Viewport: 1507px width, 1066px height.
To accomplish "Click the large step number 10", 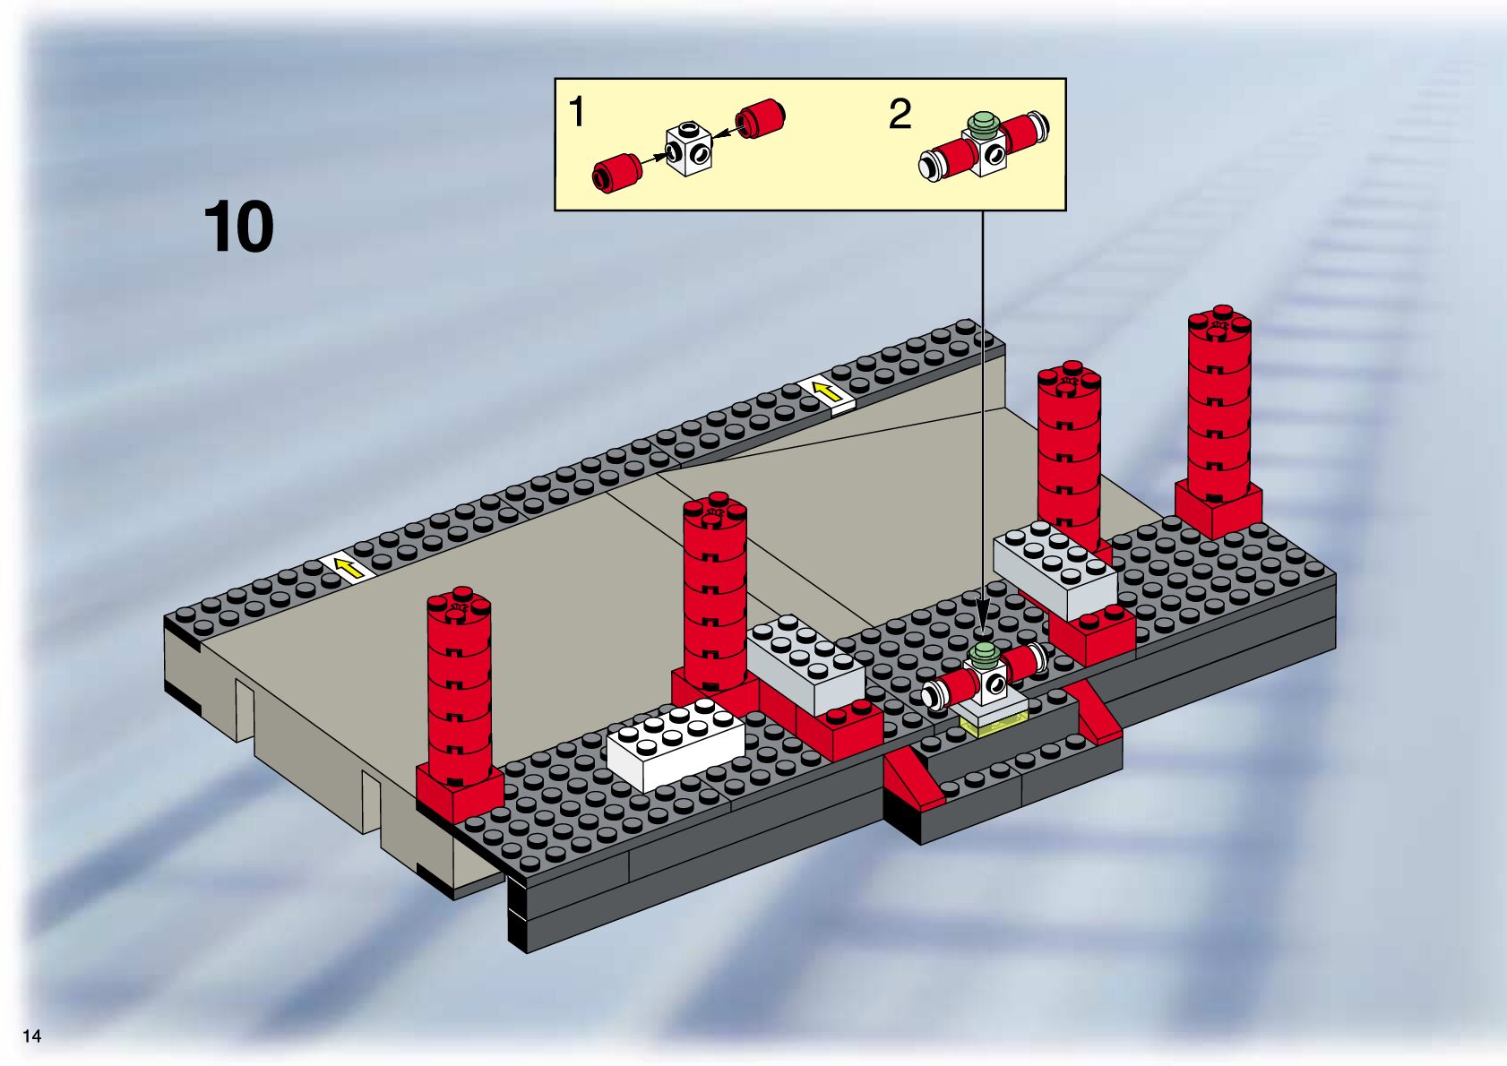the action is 238,228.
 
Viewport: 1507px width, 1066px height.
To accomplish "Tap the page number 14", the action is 32,1036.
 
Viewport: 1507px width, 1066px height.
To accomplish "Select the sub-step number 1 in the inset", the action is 577,113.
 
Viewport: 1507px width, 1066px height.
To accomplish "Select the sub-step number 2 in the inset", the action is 900,115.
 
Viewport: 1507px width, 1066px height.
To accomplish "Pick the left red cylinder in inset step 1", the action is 616,171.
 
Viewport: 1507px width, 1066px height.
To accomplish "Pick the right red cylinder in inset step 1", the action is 760,118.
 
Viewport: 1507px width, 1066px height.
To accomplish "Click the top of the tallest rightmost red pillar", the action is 1219,322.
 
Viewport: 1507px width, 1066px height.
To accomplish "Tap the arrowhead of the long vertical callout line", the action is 983,623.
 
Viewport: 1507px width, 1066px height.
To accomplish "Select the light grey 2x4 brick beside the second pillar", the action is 805,663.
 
